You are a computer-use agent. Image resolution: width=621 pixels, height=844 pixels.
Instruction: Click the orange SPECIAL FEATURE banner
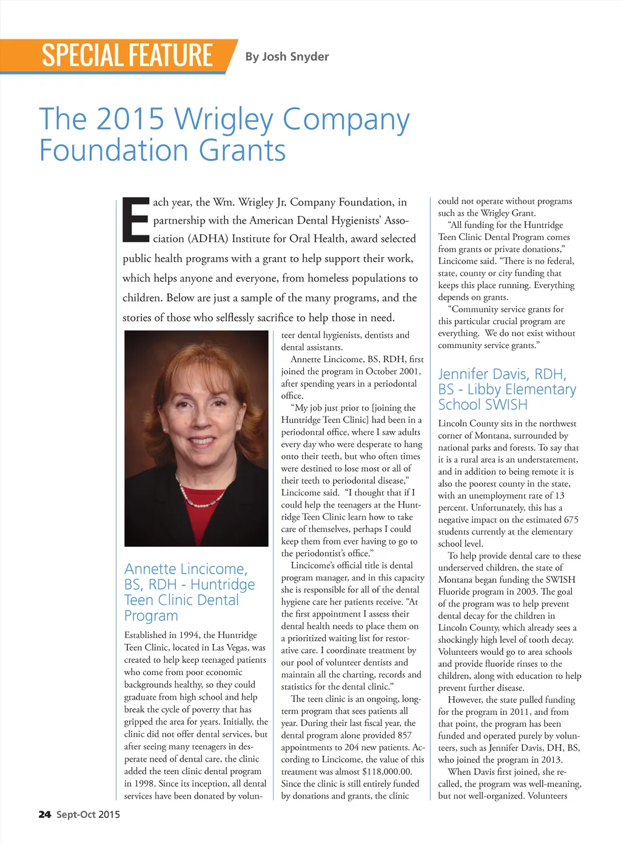(x=127, y=56)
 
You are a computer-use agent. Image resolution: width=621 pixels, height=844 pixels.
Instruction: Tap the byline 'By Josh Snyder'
(x=287, y=56)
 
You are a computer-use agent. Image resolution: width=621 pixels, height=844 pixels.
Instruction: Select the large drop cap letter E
(x=136, y=219)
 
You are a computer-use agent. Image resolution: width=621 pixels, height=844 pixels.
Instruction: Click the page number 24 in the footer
(x=45, y=814)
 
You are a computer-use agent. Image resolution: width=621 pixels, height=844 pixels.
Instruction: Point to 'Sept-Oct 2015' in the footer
(x=88, y=814)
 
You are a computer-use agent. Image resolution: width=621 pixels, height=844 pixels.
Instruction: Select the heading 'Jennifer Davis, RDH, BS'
(x=502, y=381)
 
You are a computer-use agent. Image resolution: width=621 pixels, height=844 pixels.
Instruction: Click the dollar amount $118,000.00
(x=386, y=771)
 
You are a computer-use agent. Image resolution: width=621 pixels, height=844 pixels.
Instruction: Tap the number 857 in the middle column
(x=404, y=735)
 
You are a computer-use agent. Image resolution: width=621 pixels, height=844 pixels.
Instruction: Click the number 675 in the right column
(x=571, y=520)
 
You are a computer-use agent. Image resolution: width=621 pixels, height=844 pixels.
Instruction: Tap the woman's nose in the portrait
(x=196, y=424)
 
